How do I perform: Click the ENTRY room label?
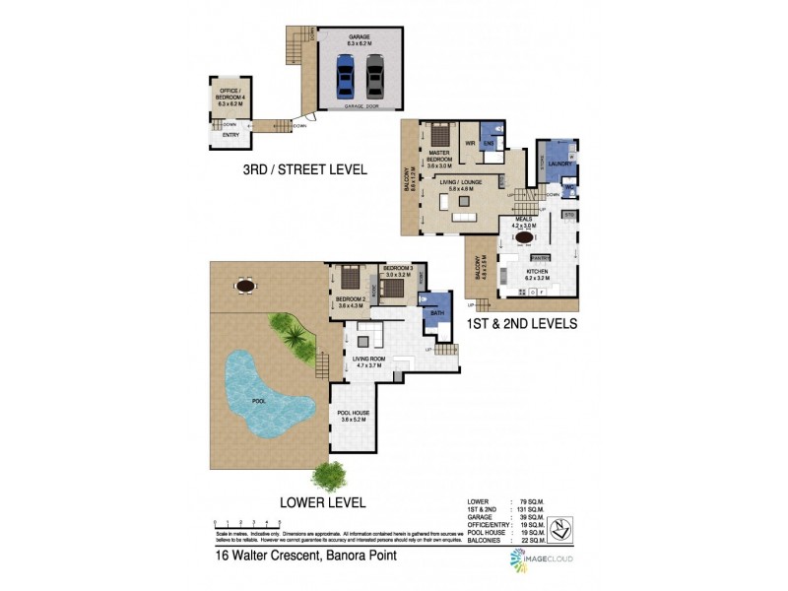(230, 135)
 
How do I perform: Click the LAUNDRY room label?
(547, 164)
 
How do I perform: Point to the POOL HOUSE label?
(353, 415)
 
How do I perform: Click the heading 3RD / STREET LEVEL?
(305, 169)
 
